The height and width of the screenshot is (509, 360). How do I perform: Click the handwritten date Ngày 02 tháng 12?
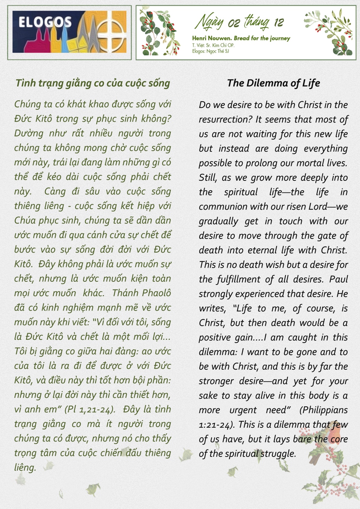[239, 22]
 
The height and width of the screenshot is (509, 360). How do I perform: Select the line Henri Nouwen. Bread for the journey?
[241, 38]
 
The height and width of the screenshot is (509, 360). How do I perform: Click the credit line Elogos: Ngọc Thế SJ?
[211, 51]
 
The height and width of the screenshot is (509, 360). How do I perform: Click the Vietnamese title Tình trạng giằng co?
[93, 83]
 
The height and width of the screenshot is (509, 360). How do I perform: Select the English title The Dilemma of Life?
[274, 83]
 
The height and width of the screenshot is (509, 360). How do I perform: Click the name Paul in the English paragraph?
[339, 279]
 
